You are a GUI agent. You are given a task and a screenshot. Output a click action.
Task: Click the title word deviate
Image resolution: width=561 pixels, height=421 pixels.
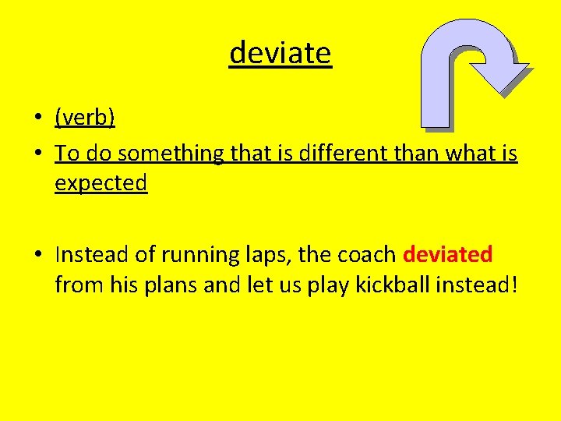click(x=280, y=53)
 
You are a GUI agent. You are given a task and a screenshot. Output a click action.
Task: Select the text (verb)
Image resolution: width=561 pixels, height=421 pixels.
click(x=85, y=118)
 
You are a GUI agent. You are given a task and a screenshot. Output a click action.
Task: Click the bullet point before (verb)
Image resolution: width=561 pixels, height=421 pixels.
click(x=37, y=119)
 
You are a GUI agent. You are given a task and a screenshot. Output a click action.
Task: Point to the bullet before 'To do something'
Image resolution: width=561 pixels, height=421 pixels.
click(x=37, y=154)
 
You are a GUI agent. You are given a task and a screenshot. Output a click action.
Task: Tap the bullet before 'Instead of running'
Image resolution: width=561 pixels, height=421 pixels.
click(x=37, y=255)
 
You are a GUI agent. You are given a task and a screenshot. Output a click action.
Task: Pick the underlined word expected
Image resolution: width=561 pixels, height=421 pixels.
click(x=101, y=183)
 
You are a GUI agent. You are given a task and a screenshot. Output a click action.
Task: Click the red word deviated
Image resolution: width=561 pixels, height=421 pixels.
click(x=448, y=254)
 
